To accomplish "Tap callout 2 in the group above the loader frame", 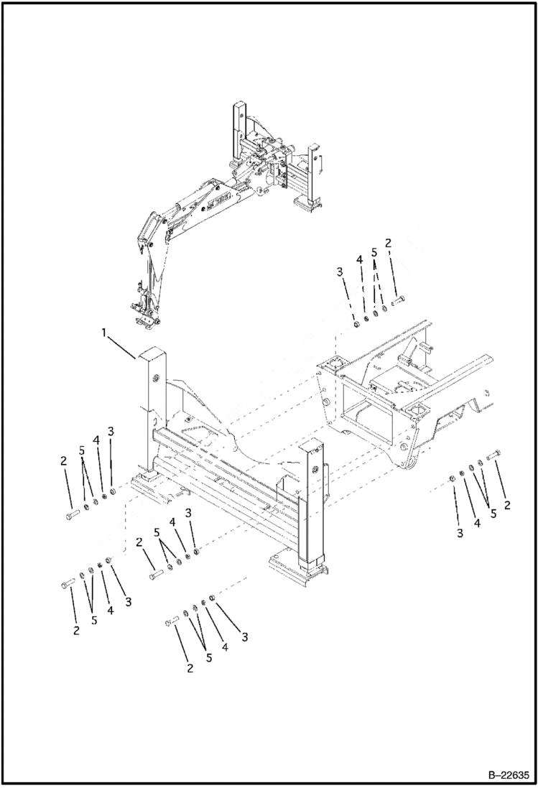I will point(388,244).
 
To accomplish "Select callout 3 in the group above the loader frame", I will point(340,271).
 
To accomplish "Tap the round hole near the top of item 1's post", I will point(154,378).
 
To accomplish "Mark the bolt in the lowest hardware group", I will point(172,620).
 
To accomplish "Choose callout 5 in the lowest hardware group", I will point(208,656).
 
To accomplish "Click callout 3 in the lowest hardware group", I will point(244,636).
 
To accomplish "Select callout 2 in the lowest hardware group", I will point(190,669).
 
